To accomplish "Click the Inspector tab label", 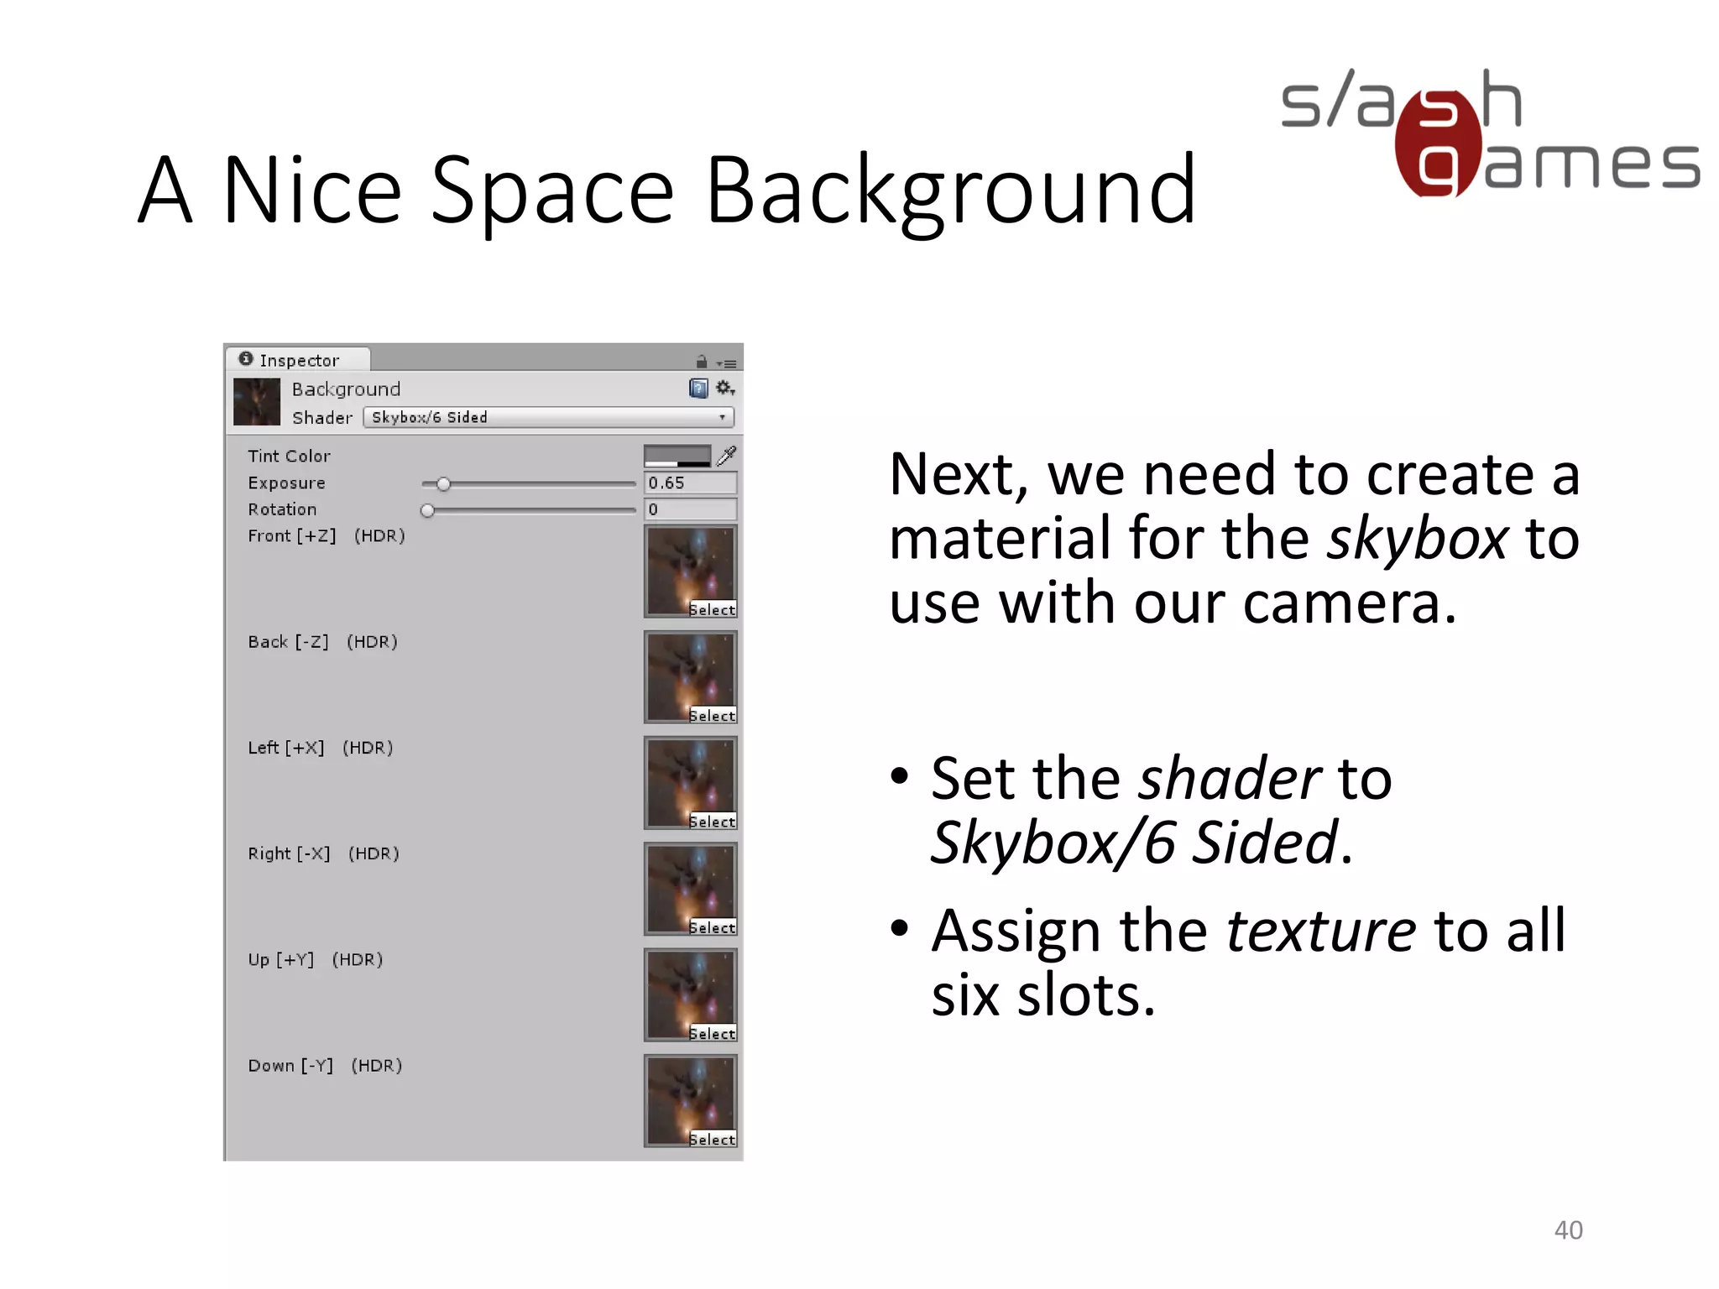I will (x=298, y=360).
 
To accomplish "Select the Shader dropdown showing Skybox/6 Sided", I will (x=548, y=417).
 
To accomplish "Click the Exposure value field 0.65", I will (x=690, y=483).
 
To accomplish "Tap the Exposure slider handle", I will (x=443, y=484).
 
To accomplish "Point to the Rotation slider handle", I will (x=427, y=510).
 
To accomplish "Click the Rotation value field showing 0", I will (x=690, y=509).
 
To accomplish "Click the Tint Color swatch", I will (x=677, y=456).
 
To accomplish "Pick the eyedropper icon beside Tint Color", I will (x=727, y=455).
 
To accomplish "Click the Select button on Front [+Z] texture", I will (x=712, y=610).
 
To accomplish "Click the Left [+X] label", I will (x=285, y=748).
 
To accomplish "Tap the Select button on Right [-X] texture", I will (x=712, y=927).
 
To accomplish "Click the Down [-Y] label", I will (x=290, y=1066).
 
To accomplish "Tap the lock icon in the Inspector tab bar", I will (x=702, y=362).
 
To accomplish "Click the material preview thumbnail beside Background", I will (x=257, y=402).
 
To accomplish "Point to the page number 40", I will (x=1568, y=1229).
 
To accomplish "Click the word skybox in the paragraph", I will (x=1417, y=538).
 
